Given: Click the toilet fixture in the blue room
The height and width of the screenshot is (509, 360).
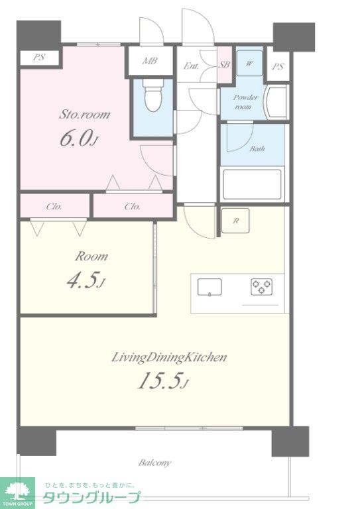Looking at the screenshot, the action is point(153,95).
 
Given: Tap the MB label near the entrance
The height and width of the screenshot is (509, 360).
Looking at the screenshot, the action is point(150,60).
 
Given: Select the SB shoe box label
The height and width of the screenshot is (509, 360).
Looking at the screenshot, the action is point(224,64).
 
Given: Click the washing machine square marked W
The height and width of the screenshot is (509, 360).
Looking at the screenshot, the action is point(249,64).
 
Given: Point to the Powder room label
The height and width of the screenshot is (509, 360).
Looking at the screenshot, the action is point(246,102).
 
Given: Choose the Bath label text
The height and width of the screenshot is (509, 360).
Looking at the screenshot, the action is point(257,148).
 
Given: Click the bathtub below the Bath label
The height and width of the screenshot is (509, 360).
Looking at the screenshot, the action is point(252,184).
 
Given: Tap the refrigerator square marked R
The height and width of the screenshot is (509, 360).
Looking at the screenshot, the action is point(235,221).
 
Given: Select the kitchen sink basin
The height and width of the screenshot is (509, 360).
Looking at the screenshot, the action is point(210,288).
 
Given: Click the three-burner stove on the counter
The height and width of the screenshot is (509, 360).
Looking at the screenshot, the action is point(262,286).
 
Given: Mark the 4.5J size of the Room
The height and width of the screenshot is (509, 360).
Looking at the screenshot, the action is point(86,280).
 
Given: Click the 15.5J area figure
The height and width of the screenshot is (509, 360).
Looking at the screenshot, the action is point(163,380).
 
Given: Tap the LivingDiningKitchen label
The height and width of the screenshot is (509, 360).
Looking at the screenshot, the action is point(169,357).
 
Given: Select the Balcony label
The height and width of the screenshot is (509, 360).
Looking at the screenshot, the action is point(155,463).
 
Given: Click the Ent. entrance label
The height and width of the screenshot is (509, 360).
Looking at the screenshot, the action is point(191,66).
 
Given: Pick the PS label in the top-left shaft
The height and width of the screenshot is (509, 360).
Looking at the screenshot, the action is point(38,58).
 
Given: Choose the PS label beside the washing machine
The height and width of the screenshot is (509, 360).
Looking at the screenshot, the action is point(278,66).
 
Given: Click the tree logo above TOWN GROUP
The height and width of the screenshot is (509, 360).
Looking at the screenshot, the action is point(17,490).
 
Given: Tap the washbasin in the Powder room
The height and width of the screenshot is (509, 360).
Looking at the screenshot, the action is point(276,102).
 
